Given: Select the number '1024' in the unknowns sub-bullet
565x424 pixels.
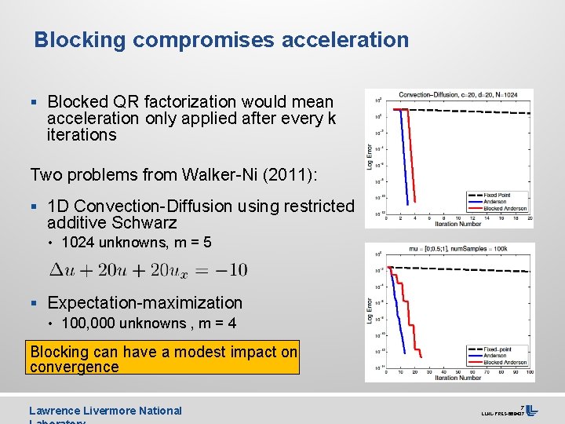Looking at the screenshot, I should (77, 243).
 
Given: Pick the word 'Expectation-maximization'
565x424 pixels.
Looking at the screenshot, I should (144, 302).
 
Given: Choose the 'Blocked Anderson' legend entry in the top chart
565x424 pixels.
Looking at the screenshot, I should (505, 208).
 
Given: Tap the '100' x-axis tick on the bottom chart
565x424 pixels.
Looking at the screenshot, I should (530, 371).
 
